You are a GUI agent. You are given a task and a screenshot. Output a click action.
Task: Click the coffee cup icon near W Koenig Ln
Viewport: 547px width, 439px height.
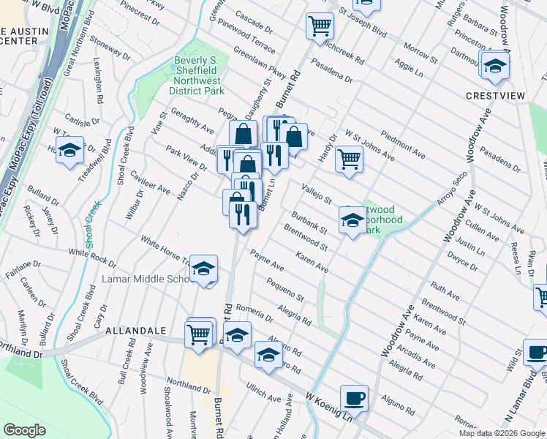(355, 397)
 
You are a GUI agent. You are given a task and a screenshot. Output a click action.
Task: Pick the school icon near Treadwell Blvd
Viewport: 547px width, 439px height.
(70, 149)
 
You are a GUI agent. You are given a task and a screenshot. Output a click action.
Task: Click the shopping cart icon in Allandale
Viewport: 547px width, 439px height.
(200, 334)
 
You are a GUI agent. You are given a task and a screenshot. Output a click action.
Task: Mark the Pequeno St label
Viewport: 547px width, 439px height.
(285, 289)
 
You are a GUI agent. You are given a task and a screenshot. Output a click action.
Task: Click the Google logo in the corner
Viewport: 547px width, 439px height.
(25, 430)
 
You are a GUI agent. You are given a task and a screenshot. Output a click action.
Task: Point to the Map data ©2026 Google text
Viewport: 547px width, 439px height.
(502, 433)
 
